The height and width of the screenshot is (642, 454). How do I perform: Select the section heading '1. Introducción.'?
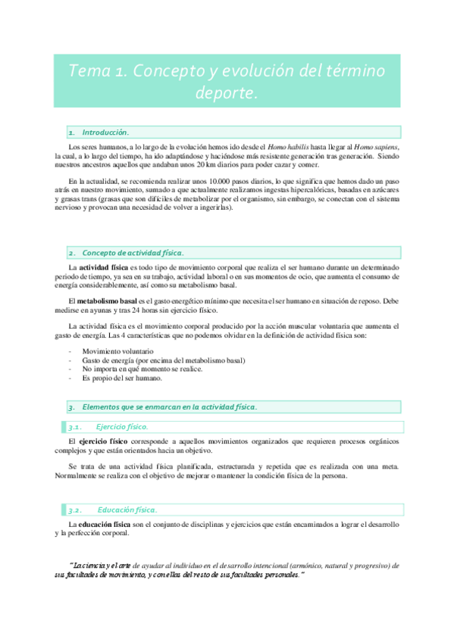(99, 132)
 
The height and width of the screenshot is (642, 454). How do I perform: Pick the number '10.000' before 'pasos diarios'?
(205, 182)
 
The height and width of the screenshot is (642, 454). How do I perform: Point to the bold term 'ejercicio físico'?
(105, 441)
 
